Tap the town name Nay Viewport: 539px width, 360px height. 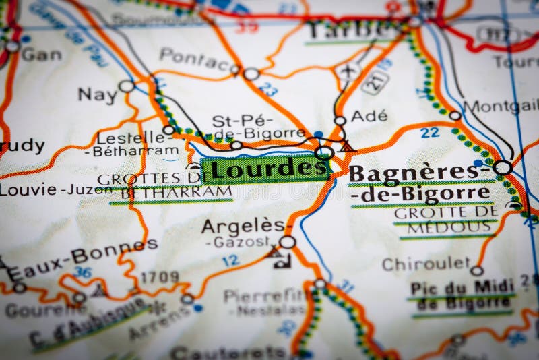tap(98, 94)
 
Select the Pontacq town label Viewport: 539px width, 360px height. tap(194, 59)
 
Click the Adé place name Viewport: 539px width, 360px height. tap(369, 116)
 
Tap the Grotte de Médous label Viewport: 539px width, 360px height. tap(445, 220)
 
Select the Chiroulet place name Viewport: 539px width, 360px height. tap(426, 264)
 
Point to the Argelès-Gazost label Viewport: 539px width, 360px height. tap(245, 233)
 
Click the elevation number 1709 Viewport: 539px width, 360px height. tap(160, 277)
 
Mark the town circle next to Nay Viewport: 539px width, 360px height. tap(126, 86)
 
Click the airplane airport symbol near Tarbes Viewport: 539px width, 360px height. tap(348, 71)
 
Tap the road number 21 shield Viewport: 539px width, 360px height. tap(375, 83)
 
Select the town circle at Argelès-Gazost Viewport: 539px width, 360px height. tap(288, 242)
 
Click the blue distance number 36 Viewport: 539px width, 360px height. tap(83, 272)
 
